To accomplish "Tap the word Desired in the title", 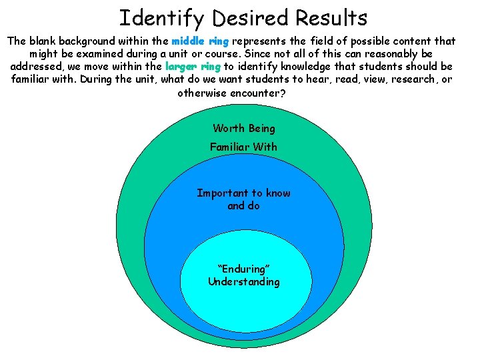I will tap(245, 17).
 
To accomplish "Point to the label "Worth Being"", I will tap(244, 129).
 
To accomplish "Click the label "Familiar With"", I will tap(244, 147).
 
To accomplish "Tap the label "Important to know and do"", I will tap(244, 199).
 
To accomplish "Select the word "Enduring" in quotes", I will tap(244, 269).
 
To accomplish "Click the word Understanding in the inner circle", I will tap(244, 282).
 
